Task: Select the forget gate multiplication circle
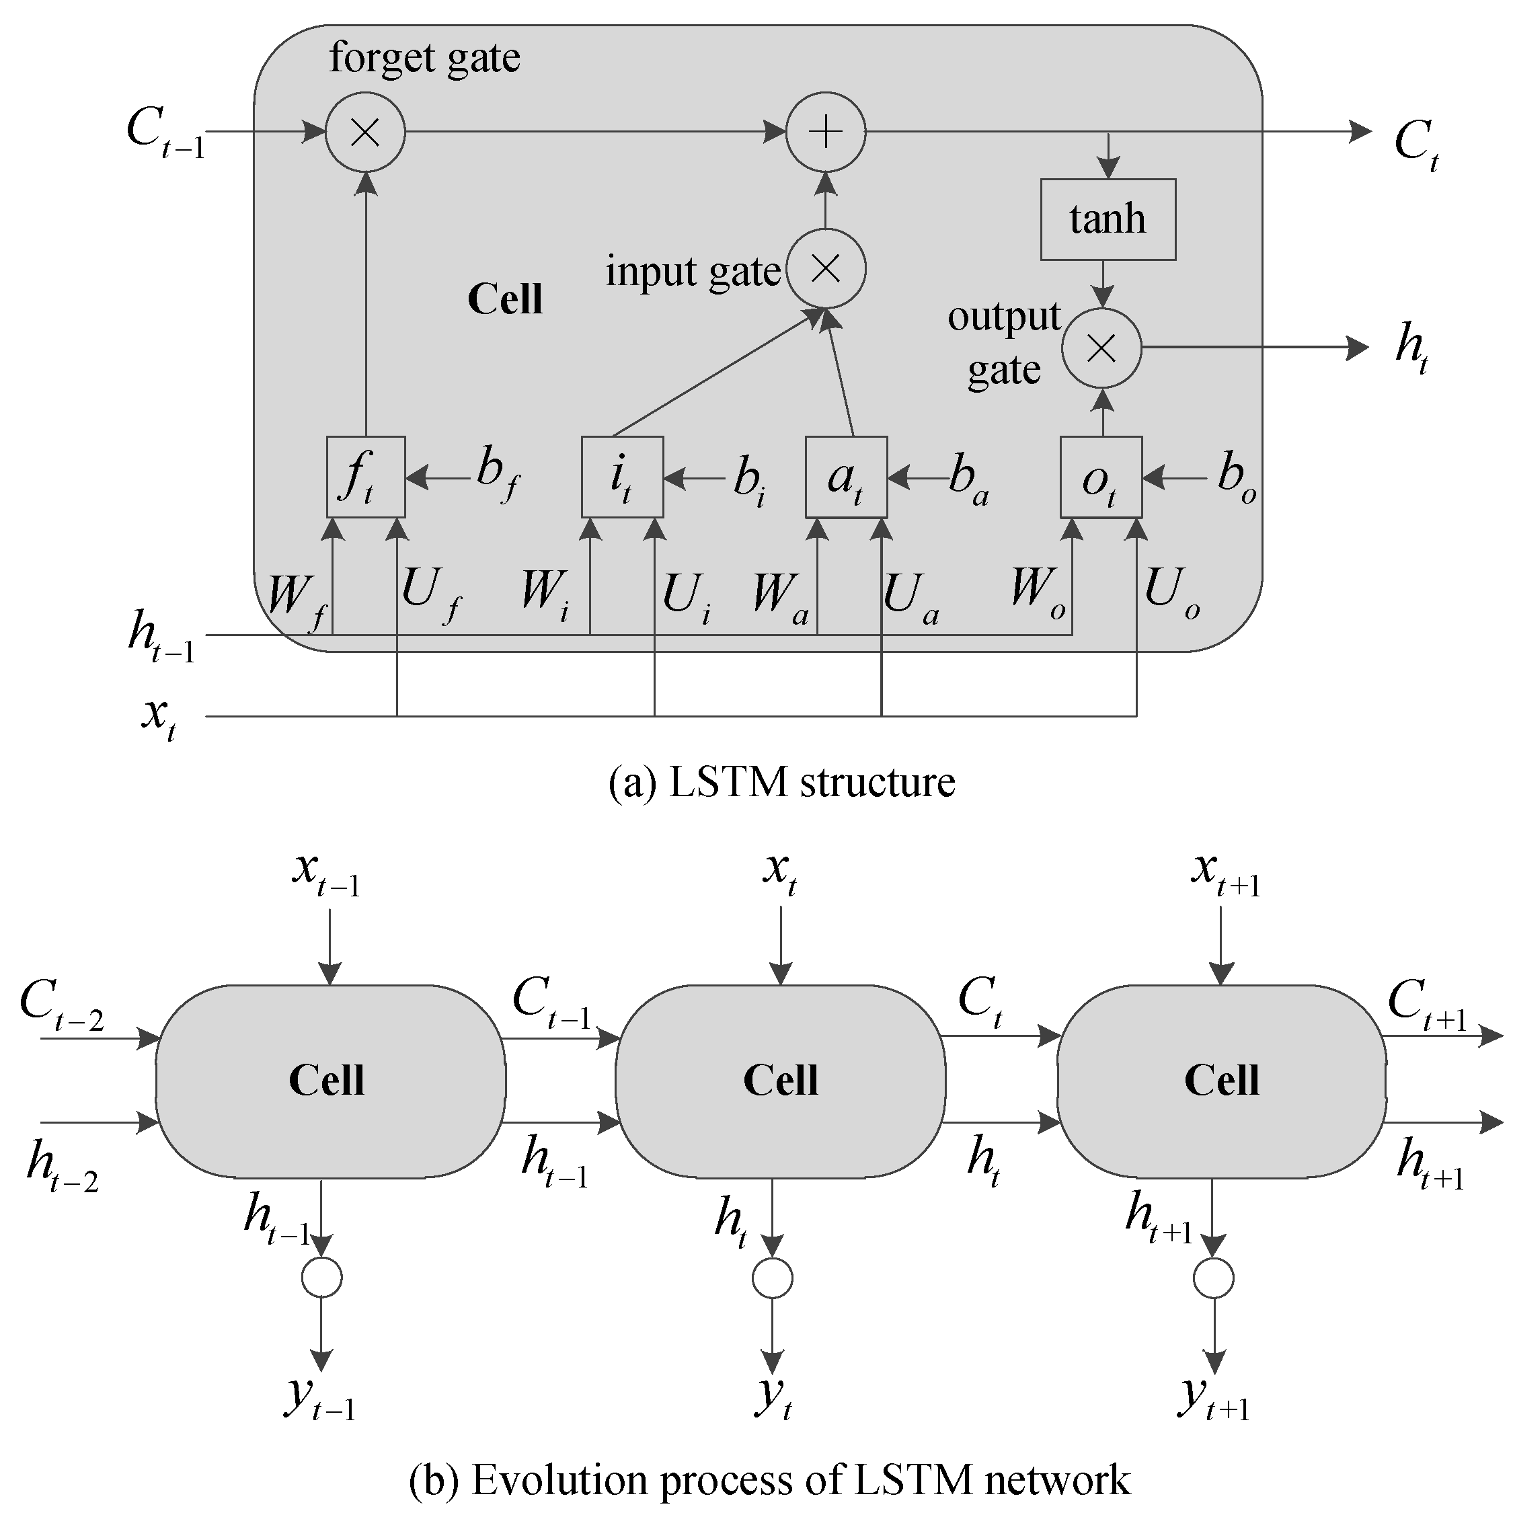[x=365, y=132]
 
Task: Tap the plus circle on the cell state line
[x=825, y=132]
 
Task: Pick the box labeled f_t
[x=365, y=477]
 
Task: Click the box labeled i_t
[x=622, y=477]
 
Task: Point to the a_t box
[x=846, y=477]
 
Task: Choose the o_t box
[x=1100, y=477]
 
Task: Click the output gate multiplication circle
[x=1101, y=348]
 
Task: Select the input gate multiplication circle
[x=825, y=268]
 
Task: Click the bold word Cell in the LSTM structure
[x=505, y=299]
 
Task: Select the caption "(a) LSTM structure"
[x=781, y=782]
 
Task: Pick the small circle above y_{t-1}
[x=322, y=1278]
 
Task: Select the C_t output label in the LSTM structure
[x=1415, y=145]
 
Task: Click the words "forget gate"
[x=424, y=57]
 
